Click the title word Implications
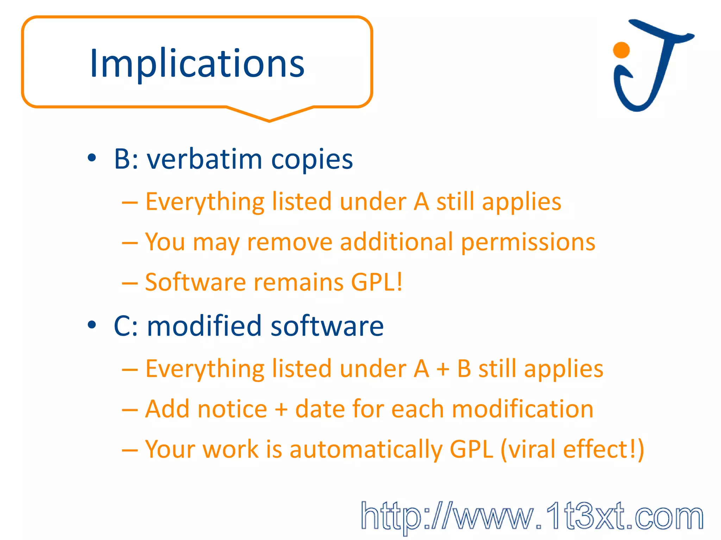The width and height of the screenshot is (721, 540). tap(197, 64)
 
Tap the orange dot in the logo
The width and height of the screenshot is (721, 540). tap(621, 50)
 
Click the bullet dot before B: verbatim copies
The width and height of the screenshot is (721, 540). tap(92, 158)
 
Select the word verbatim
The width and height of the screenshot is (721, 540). tap(205, 159)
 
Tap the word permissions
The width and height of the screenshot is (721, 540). tap(528, 243)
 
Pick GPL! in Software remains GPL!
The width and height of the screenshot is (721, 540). tap(377, 282)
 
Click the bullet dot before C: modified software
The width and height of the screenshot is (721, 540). tap(92, 325)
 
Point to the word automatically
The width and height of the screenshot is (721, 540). tap(365, 450)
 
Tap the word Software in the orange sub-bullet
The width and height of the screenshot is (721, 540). tap(195, 282)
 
